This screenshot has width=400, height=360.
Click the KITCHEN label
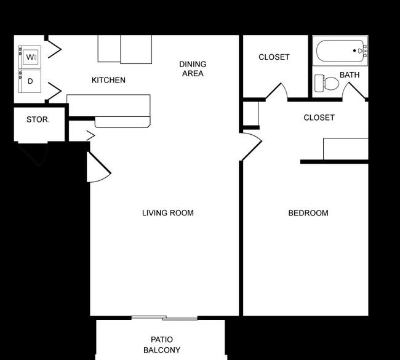(x=108, y=80)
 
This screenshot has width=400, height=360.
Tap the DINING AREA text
(x=193, y=69)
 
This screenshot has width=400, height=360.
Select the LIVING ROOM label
(x=168, y=213)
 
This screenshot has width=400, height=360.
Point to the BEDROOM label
(x=308, y=213)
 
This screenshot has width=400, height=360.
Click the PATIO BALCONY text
(x=162, y=345)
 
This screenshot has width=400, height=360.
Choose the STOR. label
(x=38, y=119)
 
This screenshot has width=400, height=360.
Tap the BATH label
(x=350, y=74)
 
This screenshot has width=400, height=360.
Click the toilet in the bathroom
(x=327, y=83)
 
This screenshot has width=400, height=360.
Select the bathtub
(x=340, y=51)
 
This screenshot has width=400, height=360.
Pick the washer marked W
(x=30, y=57)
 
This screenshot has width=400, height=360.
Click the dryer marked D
(x=30, y=81)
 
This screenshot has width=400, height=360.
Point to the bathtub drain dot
(x=354, y=50)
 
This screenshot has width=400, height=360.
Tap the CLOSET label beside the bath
(x=274, y=57)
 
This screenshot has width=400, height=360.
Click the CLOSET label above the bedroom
(x=319, y=118)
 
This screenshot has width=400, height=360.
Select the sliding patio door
(x=164, y=318)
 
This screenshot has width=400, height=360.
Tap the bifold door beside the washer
(x=55, y=49)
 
